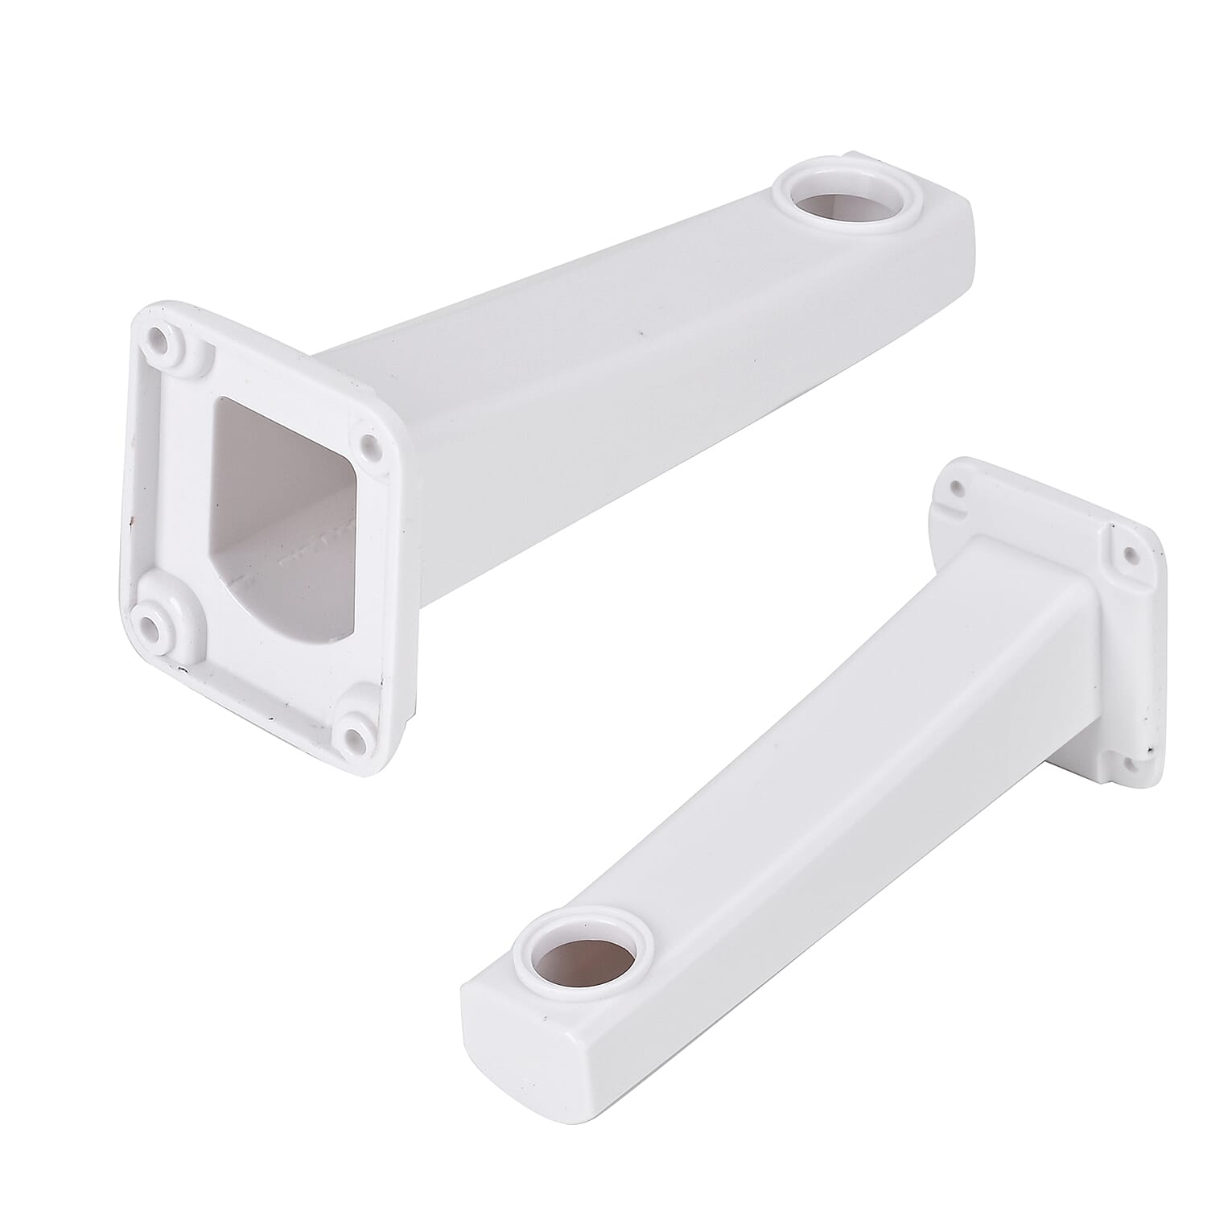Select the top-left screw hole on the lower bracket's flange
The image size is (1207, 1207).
(957, 487)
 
